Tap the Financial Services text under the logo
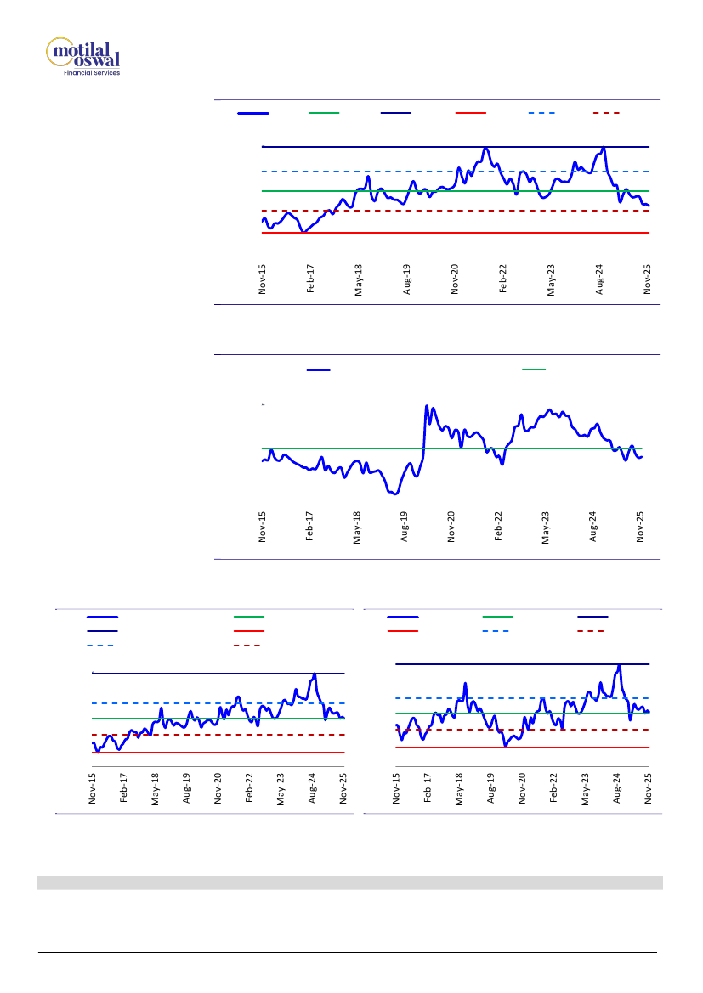92,73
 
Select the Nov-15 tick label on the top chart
263,279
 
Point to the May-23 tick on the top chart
552,279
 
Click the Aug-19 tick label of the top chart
407,279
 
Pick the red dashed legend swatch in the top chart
605,112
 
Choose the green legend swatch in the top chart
324,112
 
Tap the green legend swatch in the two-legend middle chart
534,370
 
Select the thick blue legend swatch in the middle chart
318,370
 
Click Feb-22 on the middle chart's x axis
499,526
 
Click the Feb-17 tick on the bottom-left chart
124,787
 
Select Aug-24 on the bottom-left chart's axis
313,787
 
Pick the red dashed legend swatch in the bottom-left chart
247,646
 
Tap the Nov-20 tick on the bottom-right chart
522,787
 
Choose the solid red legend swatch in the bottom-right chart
402,632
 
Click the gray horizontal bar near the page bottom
350,883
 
